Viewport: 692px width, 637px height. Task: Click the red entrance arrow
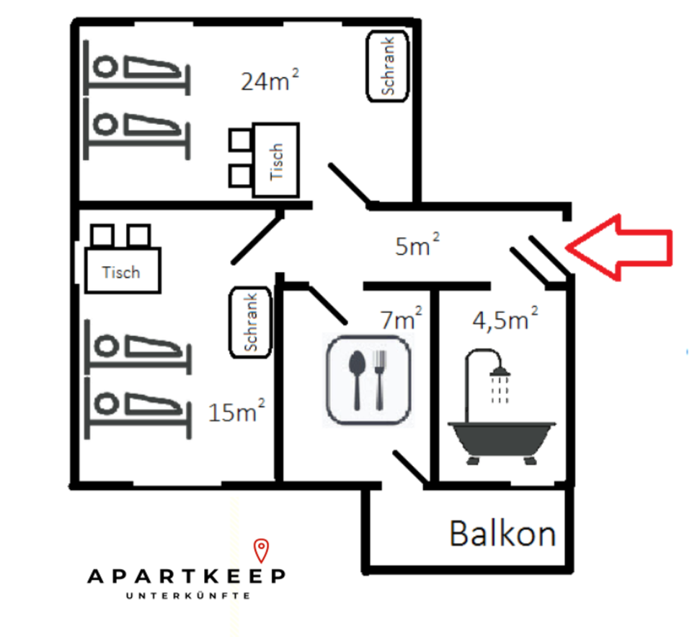click(621, 246)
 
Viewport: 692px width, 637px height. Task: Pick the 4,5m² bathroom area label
click(505, 318)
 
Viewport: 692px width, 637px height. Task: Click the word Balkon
click(502, 534)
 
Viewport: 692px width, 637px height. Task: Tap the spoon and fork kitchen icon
click(368, 379)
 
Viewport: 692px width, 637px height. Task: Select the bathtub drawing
click(502, 439)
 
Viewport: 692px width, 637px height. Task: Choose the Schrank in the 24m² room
click(389, 66)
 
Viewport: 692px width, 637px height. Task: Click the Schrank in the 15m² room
click(251, 322)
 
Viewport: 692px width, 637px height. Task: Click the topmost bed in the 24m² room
click(137, 67)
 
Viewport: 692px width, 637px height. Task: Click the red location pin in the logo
click(262, 550)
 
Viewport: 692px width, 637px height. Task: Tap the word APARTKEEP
click(187, 576)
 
